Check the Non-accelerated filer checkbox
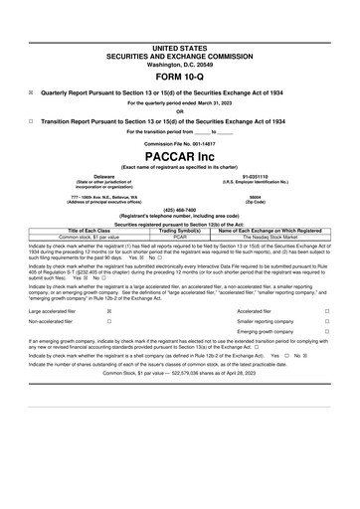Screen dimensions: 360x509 point(108,323)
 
